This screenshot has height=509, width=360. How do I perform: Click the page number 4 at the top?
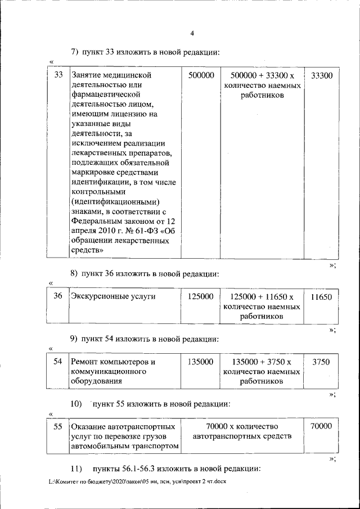pyautogui.click(x=192, y=33)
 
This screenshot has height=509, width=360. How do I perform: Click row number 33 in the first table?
pyautogui.click(x=57, y=75)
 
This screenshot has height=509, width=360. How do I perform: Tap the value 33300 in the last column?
pyautogui.click(x=321, y=75)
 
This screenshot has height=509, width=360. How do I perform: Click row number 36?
pyautogui.click(x=57, y=296)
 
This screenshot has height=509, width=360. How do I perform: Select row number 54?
pyautogui.click(x=57, y=362)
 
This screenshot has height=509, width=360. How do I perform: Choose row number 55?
pyautogui.click(x=57, y=427)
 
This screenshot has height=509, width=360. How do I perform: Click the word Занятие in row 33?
pyautogui.click(x=88, y=75)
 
